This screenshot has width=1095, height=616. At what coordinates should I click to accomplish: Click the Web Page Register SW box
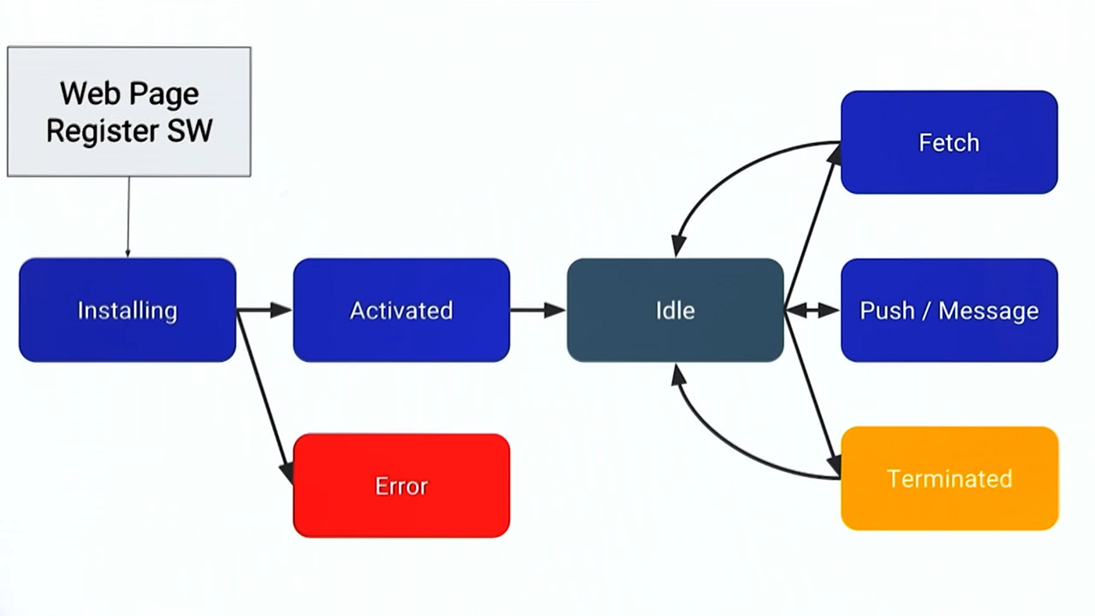129,112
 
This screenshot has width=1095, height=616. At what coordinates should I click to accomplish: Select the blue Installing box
127,310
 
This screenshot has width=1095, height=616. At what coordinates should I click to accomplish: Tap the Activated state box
401,310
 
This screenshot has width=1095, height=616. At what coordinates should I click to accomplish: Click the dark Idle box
675,310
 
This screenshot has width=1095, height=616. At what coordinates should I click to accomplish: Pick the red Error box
401,485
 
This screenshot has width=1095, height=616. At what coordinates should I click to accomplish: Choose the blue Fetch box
949,142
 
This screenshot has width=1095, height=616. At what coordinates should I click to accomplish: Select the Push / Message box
949,310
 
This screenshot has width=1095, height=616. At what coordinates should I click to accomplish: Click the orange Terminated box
949,478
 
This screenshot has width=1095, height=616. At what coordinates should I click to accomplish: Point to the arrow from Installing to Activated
264,310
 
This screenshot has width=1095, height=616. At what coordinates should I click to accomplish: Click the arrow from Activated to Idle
537,310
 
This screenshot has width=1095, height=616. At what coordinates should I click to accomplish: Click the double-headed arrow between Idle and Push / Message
812,310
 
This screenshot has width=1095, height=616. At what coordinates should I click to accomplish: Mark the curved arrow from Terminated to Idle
727,449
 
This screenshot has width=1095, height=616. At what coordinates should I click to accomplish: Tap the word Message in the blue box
988,310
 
